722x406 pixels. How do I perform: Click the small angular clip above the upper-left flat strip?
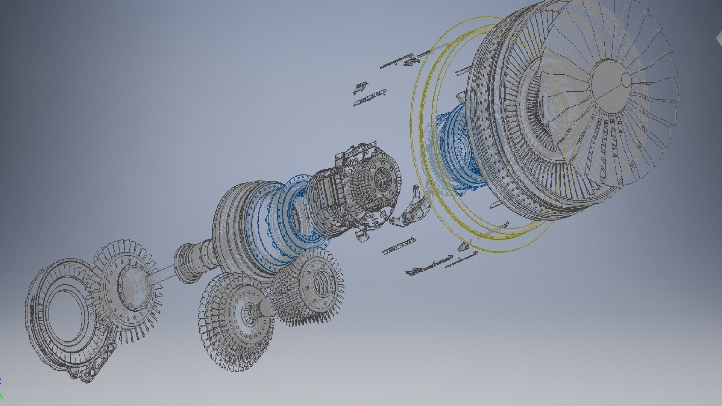pyautogui.click(x=360, y=87)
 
